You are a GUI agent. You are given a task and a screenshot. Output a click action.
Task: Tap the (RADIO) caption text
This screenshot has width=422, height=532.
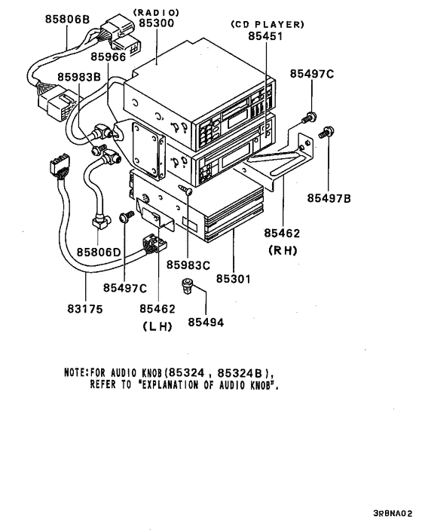click(156, 12)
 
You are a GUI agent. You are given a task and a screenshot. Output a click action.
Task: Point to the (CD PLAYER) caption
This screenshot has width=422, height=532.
click(267, 24)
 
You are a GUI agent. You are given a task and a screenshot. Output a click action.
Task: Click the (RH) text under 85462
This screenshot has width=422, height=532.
click(283, 251)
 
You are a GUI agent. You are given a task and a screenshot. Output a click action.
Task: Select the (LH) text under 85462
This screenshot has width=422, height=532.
click(157, 326)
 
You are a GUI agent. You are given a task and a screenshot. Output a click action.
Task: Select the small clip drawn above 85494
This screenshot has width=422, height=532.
click(188, 286)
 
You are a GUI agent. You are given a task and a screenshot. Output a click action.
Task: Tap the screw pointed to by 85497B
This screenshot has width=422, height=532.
click(326, 133)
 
